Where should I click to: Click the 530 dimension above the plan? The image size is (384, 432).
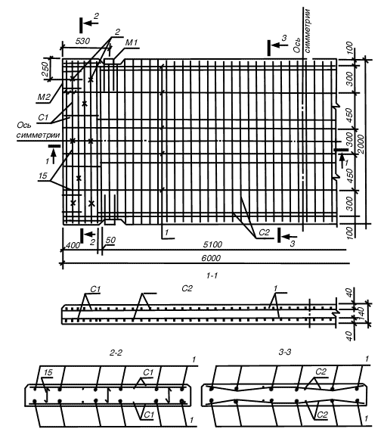tap(82, 41)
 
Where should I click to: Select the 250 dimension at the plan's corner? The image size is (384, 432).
tap(45, 69)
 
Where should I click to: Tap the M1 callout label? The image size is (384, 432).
tap(132, 42)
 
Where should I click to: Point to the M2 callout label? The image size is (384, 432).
tap(44, 97)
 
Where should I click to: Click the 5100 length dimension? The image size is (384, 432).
tap(212, 244)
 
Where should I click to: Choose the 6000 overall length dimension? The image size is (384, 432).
tap(211, 258)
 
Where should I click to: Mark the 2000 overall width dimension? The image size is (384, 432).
tap(361, 145)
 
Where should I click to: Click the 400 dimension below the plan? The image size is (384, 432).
tap(73, 245)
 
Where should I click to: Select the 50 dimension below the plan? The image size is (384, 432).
tap(110, 240)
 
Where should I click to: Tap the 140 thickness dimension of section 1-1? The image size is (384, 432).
tap(361, 312)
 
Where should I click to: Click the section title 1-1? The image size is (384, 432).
tap(212, 275)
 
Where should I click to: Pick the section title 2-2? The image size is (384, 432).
tap(116, 353)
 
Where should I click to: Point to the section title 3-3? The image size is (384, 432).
tap(285, 352)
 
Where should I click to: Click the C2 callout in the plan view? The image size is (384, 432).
tap(264, 232)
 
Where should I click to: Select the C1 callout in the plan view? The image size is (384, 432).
tap(43, 117)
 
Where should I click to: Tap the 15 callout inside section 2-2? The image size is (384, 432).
tap(48, 372)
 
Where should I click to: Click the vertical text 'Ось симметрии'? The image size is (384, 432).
tap(302, 31)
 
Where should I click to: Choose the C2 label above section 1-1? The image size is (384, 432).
tap(187, 288)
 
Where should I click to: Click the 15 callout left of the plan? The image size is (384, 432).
tap(43, 176)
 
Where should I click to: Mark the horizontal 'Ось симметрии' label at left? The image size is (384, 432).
tap(38, 130)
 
